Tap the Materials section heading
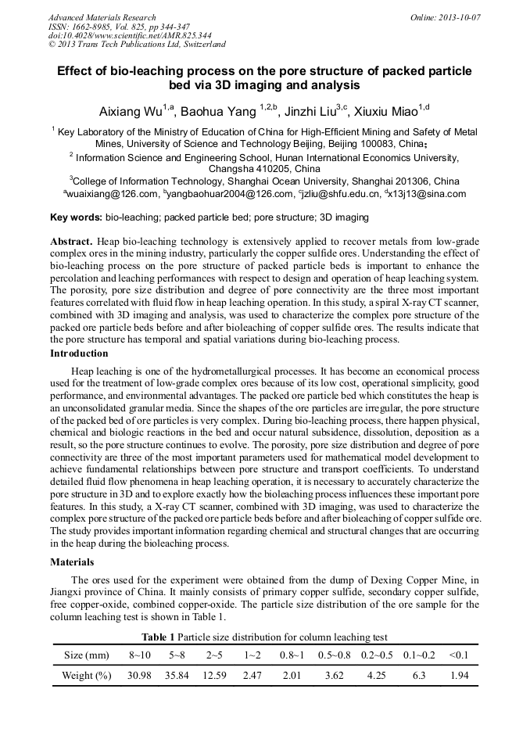[x=72, y=562]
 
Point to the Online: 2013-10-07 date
[x=446, y=16]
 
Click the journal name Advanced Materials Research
[x=102, y=16]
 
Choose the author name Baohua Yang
[x=223, y=111]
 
